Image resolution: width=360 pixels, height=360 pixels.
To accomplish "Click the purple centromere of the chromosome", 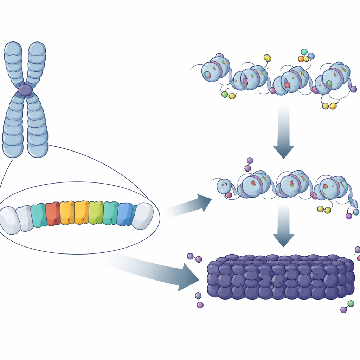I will click(x=25, y=90).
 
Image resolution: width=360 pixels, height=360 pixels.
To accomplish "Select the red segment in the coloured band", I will click(x=52, y=214).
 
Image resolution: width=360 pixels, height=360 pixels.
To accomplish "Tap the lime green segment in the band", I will click(x=96, y=213).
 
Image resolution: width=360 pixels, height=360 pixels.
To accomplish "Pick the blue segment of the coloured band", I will click(x=124, y=214).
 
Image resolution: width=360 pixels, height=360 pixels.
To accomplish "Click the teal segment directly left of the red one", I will click(x=38, y=215).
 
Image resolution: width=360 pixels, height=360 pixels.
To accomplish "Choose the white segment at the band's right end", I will click(x=143, y=216).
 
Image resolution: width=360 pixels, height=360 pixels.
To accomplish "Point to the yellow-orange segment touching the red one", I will click(x=67, y=213).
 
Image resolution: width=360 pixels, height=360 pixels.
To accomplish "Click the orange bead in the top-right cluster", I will click(x=301, y=59).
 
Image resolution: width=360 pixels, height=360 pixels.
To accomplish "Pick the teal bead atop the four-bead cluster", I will click(x=304, y=52).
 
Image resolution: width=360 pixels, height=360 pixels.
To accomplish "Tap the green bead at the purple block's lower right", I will click(x=351, y=303).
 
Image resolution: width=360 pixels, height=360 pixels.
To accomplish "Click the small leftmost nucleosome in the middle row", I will click(x=224, y=186).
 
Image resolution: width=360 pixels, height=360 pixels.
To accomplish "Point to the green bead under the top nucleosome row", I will click(x=225, y=94).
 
